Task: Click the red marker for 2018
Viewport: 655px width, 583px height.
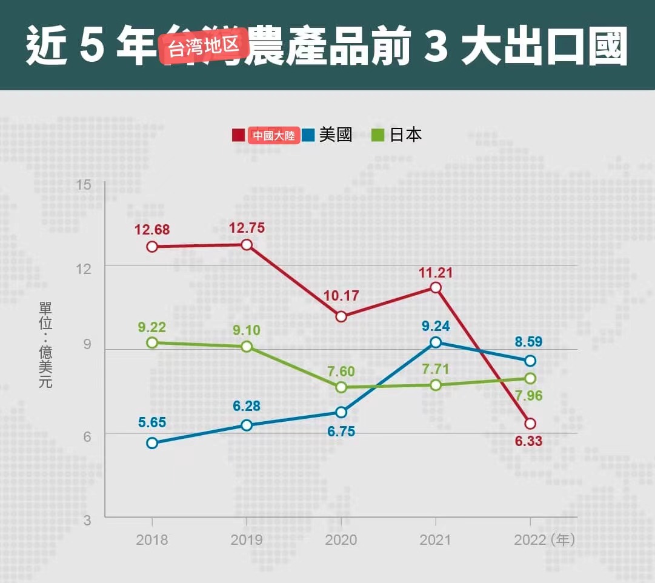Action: click(152, 247)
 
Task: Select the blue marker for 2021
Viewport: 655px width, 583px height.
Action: click(436, 342)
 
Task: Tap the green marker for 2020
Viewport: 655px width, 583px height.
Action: click(341, 387)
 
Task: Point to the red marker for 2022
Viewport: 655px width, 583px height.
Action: click(530, 424)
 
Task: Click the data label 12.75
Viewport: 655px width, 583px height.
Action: click(246, 228)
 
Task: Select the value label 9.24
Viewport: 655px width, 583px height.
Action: click(436, 326)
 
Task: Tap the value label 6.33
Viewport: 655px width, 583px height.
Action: click(529, 441)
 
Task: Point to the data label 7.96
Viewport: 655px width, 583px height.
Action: click(529, 396)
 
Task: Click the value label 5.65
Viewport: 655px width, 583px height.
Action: click(152, 422)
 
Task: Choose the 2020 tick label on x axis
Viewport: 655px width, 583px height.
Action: click(341, 540)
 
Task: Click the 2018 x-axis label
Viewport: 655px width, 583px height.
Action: click(152, 540)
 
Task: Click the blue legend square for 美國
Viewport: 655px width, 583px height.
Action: click(308, 135)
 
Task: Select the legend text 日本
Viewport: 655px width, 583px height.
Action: click(405, 135)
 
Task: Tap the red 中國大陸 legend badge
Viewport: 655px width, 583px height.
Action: click(274, 135)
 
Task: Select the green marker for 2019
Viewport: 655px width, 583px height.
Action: click(247, 347)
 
